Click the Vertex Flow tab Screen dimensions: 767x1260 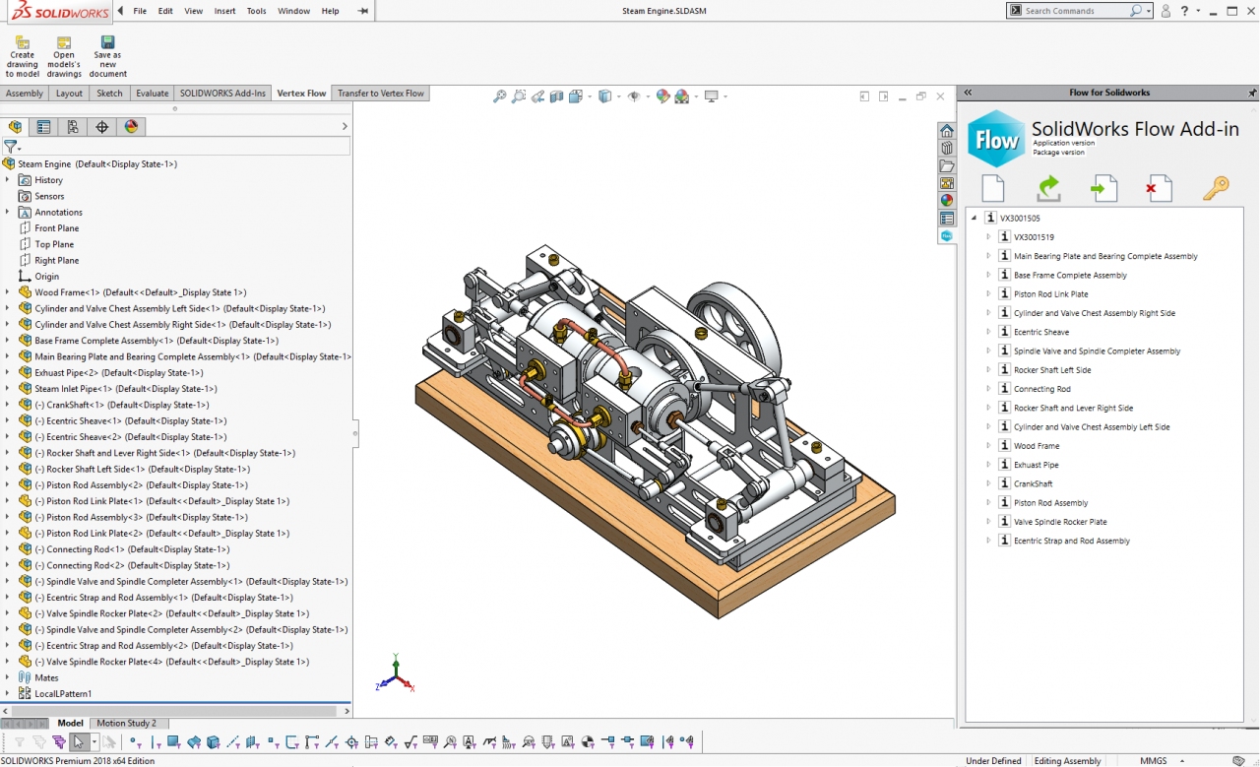(x=301, y=94)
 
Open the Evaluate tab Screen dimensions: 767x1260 (x=152, y=94)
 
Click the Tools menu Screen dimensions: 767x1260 (x=256, y=11)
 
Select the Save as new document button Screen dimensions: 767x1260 (x=108, y=57)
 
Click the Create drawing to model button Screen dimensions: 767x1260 (x=22, y=57)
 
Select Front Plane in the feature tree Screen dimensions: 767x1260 (x=56, y=228)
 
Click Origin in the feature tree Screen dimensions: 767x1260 (x=46, y=277)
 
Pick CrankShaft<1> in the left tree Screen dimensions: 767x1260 (x=78, y=405)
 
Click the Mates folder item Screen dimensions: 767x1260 (x=46, y=677)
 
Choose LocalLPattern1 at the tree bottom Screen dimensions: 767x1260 (x=63, y=693)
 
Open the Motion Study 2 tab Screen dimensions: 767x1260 (x=126, y=723)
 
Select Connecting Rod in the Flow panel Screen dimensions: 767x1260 (x=1041, y=389)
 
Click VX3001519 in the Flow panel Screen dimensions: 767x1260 (x=1034, y=237)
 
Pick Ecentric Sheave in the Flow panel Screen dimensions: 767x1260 (x=1040, y=332)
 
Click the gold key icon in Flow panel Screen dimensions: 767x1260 (x=1216, y=187)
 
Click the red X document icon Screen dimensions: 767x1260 (x=1160, y=187)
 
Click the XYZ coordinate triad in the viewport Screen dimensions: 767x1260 (x=392, y=675)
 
